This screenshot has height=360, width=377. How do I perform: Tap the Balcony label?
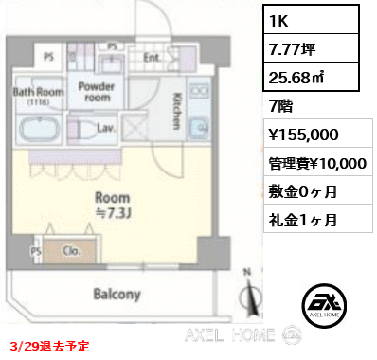coord(117,293)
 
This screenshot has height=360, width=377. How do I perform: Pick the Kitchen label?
coord(178,111)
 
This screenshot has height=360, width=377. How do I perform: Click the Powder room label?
coord(96,91)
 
